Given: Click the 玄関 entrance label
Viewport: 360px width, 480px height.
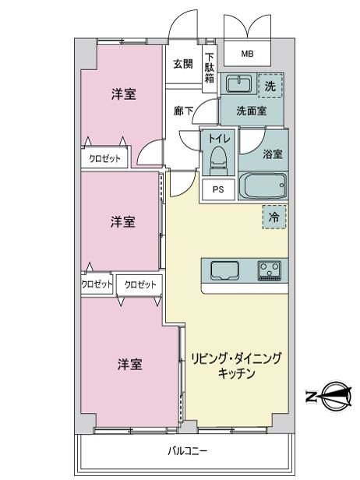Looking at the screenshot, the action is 183,64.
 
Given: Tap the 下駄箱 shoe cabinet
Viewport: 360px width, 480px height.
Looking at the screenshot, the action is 210,69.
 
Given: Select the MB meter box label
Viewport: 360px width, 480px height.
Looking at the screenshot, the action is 247,55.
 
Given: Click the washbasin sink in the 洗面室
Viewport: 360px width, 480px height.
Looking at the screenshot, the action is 238,83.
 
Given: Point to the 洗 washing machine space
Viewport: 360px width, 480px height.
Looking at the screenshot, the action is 270,86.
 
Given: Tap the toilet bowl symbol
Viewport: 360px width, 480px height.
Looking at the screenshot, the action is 218,160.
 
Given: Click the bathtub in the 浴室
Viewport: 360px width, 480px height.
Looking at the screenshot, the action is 263,185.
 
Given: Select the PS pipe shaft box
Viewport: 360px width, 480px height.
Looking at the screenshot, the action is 218,190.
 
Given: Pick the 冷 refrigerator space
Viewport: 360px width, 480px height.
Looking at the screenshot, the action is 274,217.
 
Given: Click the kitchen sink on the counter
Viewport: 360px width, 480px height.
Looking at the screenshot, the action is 225,270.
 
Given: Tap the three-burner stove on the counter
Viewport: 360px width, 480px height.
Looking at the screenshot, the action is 270,270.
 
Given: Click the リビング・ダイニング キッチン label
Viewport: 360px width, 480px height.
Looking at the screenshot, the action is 236,365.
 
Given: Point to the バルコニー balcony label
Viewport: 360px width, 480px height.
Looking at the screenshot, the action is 188,450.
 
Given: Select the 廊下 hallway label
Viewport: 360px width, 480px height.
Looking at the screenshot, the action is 183,111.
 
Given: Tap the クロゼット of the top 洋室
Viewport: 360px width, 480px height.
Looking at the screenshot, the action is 104,159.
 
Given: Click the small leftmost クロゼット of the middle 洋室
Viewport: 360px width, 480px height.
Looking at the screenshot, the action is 97,284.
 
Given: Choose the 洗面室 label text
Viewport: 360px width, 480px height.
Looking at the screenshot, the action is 252,111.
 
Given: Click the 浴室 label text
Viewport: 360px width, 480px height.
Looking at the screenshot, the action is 273,154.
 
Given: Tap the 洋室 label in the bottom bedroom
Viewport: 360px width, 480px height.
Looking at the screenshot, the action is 130,365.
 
